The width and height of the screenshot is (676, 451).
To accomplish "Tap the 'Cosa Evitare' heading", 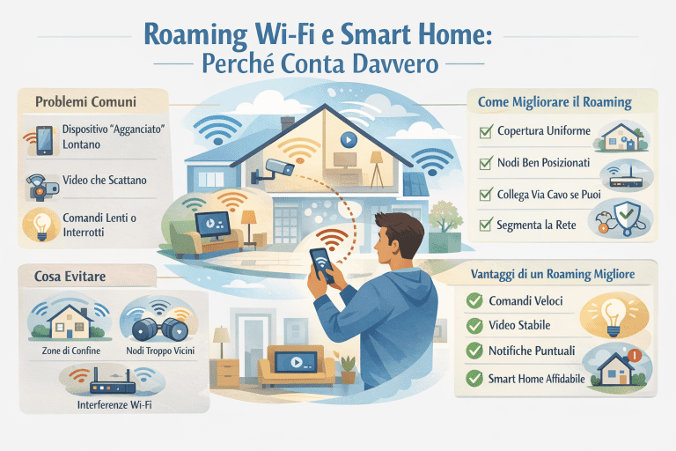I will point(59,276).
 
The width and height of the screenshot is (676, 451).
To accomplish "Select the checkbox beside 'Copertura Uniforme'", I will point(484,132).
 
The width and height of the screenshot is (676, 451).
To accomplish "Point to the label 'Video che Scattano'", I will point(104,180).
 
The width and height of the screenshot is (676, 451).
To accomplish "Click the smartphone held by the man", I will point(320,262).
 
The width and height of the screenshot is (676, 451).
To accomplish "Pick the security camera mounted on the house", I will point(280,167).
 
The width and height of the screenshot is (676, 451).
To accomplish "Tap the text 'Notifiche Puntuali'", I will point(532,351).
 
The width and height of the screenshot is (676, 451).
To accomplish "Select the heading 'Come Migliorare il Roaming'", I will point(555,102).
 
